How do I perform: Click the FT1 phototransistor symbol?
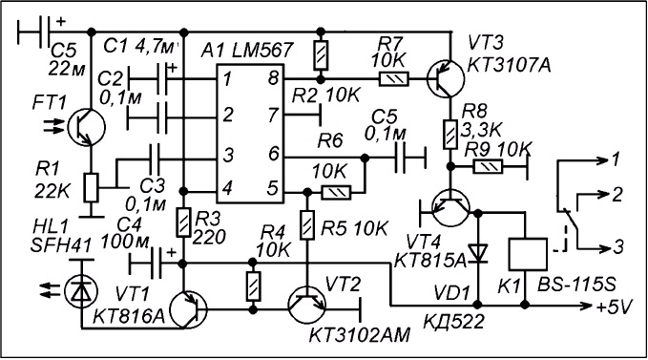87,127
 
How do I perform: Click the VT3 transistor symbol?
446,78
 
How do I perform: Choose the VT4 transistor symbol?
451,208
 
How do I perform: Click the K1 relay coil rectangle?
528,254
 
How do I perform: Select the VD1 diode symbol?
478,253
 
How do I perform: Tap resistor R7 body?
394,78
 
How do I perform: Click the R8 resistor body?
450,135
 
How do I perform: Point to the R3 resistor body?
183,222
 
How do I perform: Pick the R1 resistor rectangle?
91,188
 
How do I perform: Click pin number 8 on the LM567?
273,77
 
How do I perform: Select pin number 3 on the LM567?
228,155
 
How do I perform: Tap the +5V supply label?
615,307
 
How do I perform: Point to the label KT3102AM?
360,335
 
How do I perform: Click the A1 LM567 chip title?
247,51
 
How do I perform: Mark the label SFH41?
61,246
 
